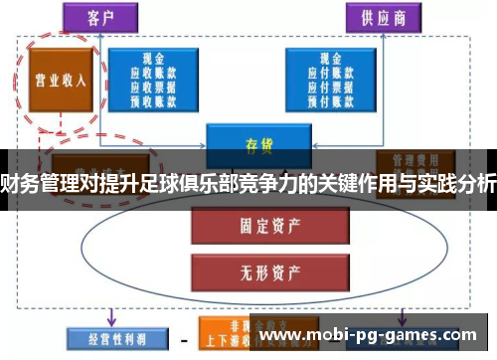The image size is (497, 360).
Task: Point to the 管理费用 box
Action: coord(408,160)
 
